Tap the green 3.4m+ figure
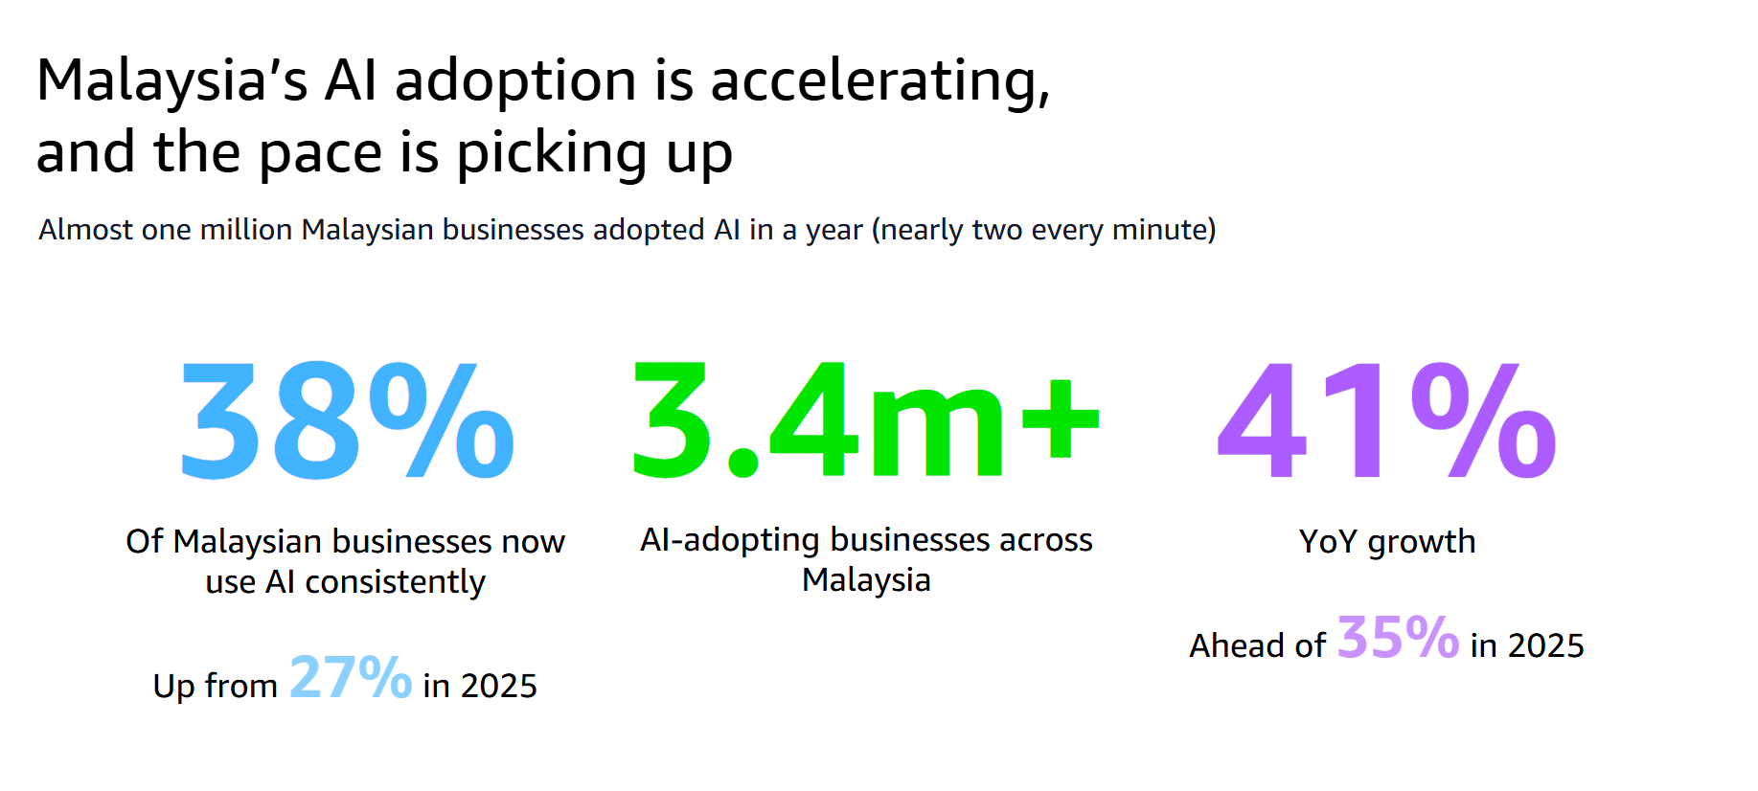click(x=865, y=419)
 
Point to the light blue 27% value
click(x=351, y=677)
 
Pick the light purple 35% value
click(x=1398, y=637)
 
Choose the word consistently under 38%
click(x=395, y=582)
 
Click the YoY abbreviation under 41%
click(x=1328, y=542)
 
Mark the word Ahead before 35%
click(x=1236, y=645)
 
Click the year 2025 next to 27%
click(x=499, y=687)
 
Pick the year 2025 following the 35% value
click(x=1546, y=646)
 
